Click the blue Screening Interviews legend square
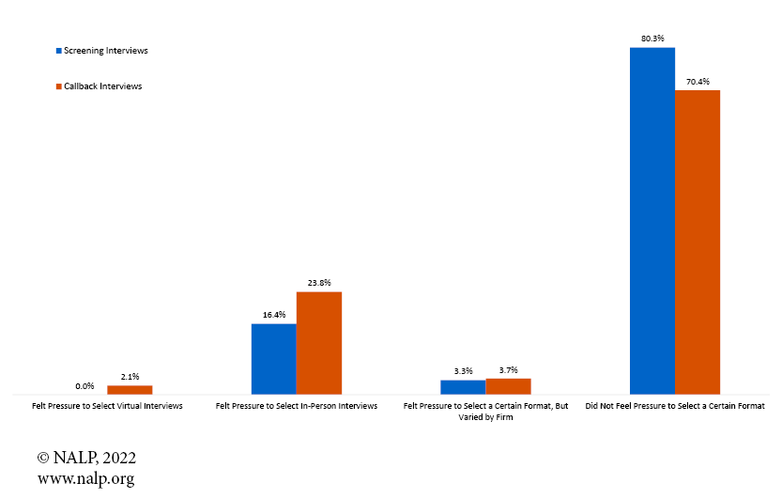tap(59, 51)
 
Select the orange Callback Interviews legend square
tap(59, 86)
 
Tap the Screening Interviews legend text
tap(105, 51)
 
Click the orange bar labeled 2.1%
tap(130, 389)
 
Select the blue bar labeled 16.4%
tap(273, 359)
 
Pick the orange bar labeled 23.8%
tap(319, 343)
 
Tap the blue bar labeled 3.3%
tap(463, 386)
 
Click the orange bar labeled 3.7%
tap(508, 385)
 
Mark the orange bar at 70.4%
tap(698, 242)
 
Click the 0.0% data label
tap(84, 385)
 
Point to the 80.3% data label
tap(652, 39)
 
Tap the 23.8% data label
tap(319, 283)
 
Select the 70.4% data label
tap(698, 82)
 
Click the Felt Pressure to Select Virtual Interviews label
tap(107, 406)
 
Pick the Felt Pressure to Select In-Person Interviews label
tap(297, 406)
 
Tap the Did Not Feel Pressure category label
tap(675, 406)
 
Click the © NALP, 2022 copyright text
tap(87, 459)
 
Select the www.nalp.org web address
tap(85, 478)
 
